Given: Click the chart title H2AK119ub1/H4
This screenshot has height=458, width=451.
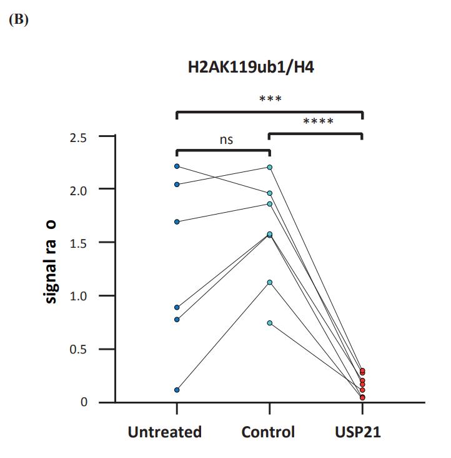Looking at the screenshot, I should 250,68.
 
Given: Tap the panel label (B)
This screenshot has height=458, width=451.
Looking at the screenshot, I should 19,19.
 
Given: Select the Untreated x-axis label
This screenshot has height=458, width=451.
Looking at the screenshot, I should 165,432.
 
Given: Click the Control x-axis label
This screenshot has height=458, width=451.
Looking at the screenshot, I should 268,432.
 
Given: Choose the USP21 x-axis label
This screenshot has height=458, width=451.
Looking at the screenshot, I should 358,432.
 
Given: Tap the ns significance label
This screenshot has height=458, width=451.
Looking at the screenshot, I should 226,140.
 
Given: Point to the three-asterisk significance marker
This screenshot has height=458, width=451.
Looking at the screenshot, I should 270,99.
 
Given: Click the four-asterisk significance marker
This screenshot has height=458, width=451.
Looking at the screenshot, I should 318,121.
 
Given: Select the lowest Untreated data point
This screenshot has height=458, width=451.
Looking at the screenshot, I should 177,390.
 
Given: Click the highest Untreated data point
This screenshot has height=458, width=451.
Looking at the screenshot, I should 177,166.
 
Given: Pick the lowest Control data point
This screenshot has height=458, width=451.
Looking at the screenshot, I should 270,323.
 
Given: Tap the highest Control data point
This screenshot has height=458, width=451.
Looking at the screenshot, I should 270,167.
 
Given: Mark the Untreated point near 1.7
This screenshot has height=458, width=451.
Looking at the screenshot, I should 177,221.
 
